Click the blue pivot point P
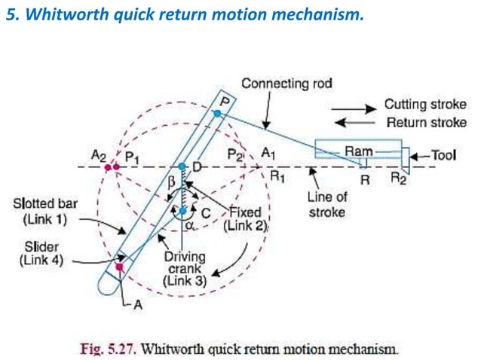coord(217,113)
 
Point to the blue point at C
coord(182,211)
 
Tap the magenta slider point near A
coord(119,266)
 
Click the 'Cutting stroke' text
coord(425,105)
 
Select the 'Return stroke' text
coord(426,122)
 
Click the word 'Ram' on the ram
coord(359,151)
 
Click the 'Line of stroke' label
coord(326,205)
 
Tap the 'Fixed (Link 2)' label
coord(245,218)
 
